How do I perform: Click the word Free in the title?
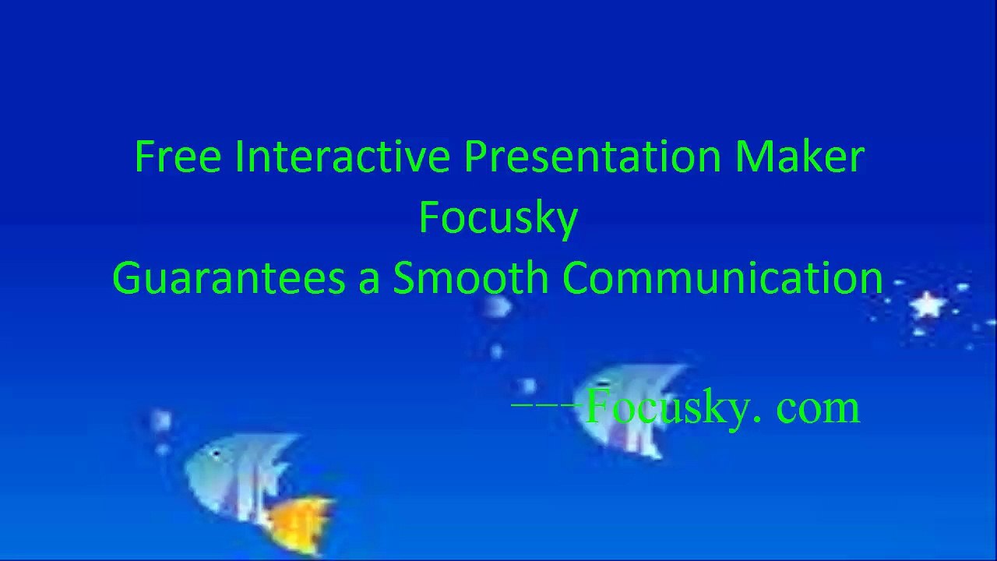pyautogui.click(x=178, y=157)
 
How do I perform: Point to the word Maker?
pyautogui.click(x=799, y=157)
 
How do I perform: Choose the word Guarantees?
pyautogui.click(x=228, y=278)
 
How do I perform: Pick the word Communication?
pyautogui.click(x=723, y=278)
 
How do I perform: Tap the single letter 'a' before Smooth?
pyautogui.click(x=368, y=280)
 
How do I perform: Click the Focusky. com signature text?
pyautogui.click(x=721, y=408)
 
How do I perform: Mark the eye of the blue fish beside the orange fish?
pyautogui.click(x=215, y=454)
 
